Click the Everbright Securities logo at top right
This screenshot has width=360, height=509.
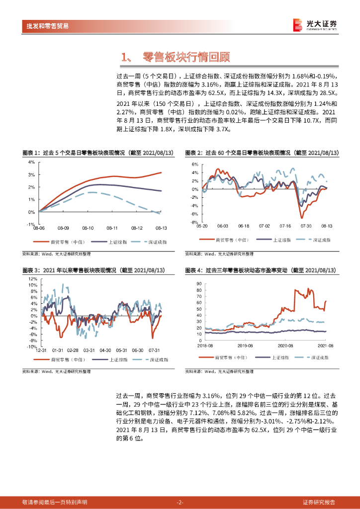point(314,24)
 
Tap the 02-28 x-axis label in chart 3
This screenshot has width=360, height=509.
point(73,351)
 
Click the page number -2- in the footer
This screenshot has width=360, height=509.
point(180,502)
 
